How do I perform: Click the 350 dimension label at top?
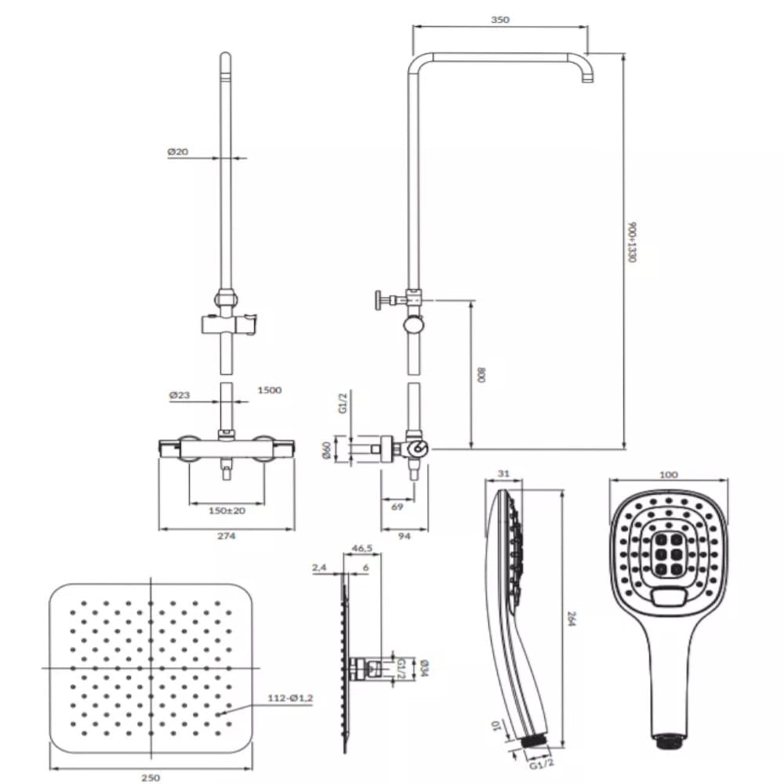click(499, 20)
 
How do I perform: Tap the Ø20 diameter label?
click(178, 151)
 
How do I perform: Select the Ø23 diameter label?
click(180, 395)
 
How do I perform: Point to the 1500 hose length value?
click(270, 390)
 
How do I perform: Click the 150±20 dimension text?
click(227, 510)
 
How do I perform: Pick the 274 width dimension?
click(227, 535)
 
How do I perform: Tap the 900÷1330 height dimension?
click(631, 242)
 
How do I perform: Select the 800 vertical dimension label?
click(481, 375)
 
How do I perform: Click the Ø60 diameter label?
click(327, 452)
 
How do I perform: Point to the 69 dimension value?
click(397, 506)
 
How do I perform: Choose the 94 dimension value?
click(404, 535)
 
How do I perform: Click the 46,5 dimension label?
click(362, 548)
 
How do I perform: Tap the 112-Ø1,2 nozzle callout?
click(291, 698)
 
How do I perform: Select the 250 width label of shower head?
click(151, 777)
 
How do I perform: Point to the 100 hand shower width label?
click(669, 474)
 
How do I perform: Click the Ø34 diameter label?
click(424, 667)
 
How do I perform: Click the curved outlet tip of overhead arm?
click(587, 76)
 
